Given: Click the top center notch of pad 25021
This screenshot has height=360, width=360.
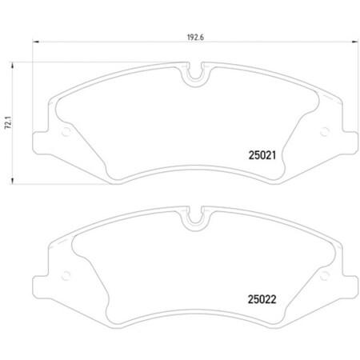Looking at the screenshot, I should (x=194, y=78).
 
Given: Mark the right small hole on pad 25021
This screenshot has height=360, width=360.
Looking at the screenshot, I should (x=323, y=133).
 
